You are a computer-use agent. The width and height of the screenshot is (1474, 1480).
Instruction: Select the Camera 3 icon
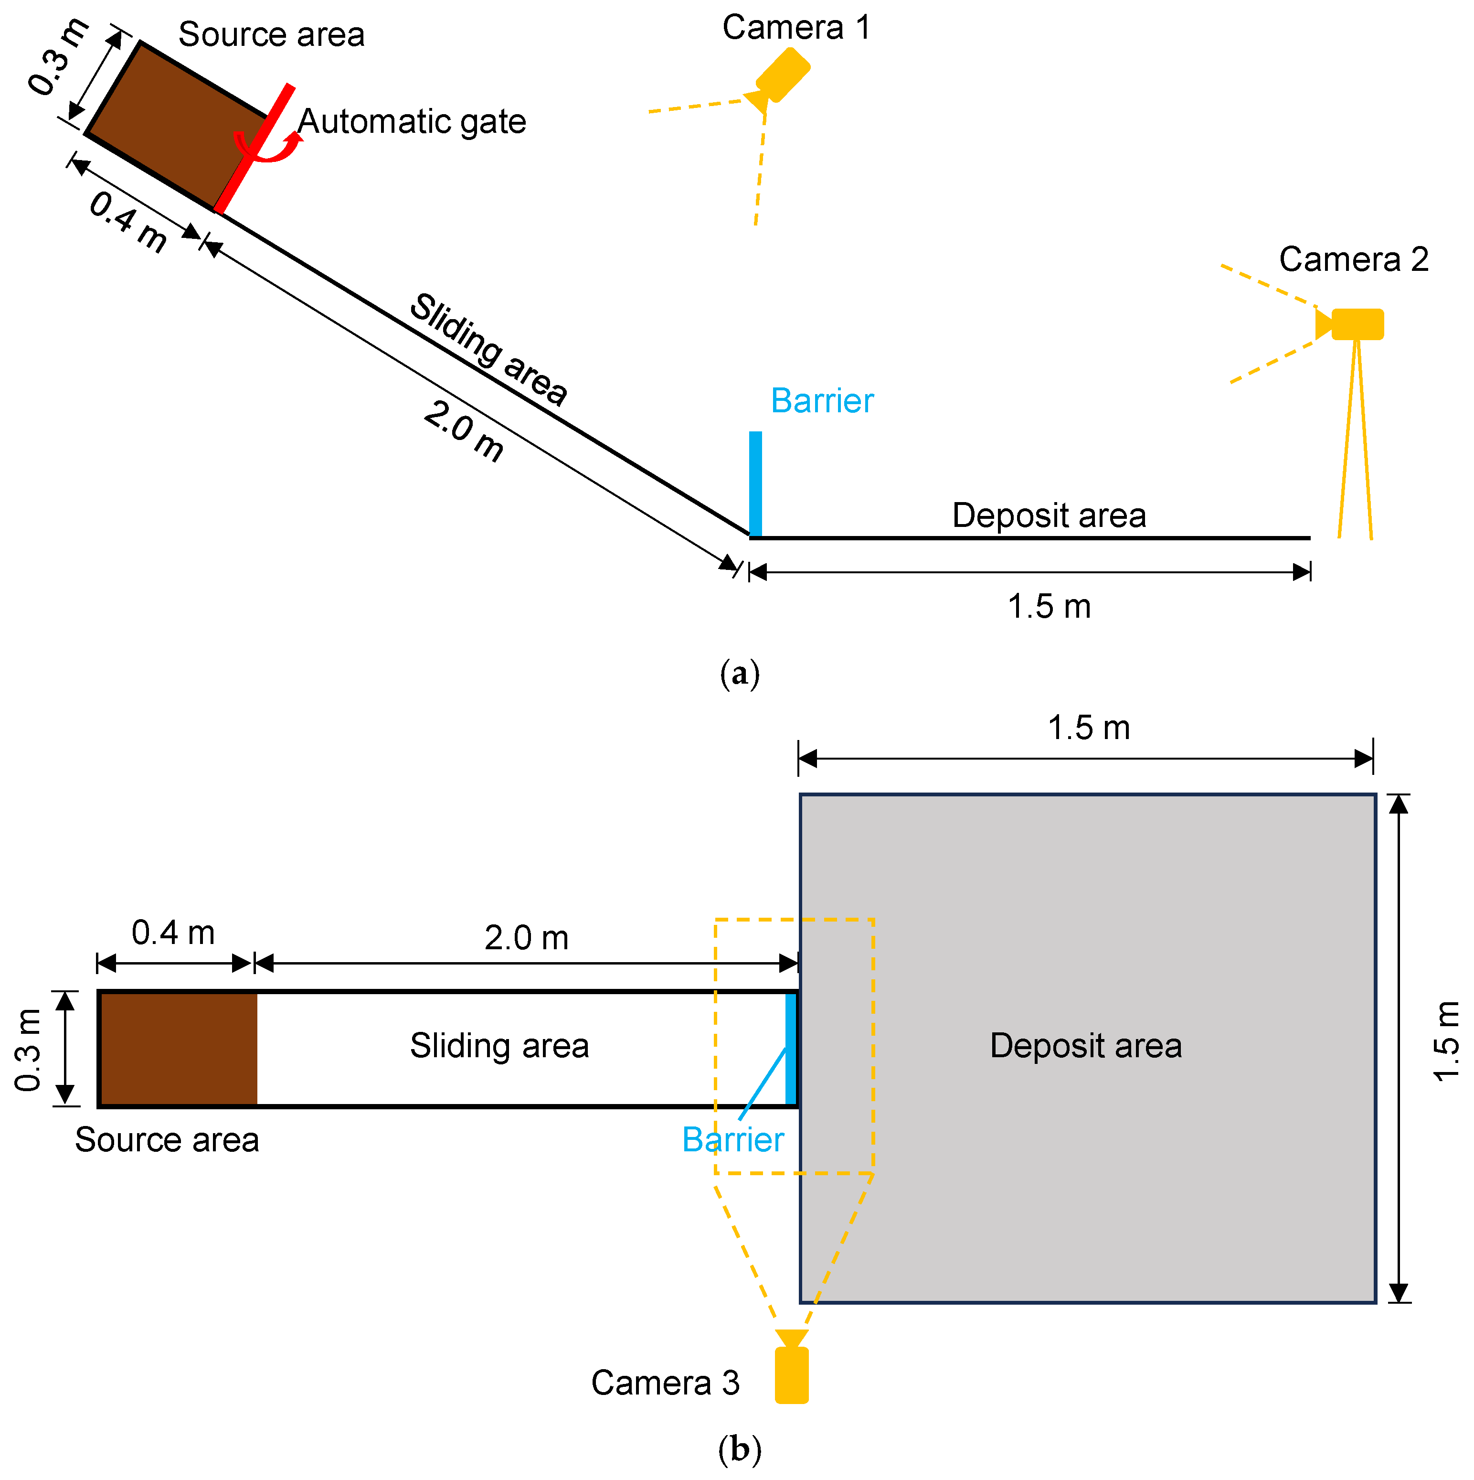click(791, 1374)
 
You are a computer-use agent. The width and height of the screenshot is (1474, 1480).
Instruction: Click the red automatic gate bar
click(254, 148)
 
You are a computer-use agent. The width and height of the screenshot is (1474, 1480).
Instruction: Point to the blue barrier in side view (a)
click(755, 483)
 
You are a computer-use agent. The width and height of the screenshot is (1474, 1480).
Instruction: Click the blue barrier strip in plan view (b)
click(791, 1049)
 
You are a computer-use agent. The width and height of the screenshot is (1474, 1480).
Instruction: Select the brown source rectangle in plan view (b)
click(178, 1049)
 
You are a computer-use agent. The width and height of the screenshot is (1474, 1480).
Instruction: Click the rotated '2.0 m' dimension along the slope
click(463, 431)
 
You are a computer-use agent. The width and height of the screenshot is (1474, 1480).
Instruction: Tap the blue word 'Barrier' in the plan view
click(733, 1140)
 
